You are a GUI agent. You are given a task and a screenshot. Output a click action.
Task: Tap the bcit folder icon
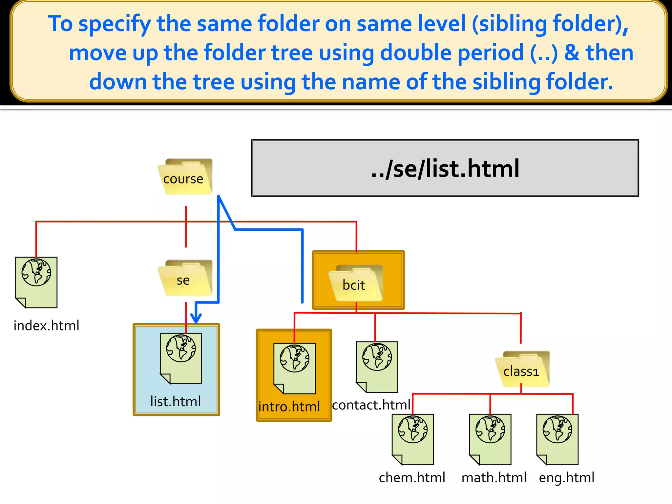356,283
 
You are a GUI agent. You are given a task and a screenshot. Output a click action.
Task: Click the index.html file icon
36,282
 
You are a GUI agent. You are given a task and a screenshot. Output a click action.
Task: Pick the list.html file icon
181,358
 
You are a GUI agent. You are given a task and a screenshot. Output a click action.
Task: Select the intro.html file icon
294,368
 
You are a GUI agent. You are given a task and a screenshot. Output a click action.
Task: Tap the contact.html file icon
377,367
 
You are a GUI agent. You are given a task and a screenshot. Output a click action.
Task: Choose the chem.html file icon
413,439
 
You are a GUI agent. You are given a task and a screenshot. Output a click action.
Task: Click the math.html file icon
490,439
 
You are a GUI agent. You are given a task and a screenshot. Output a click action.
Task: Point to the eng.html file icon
557,439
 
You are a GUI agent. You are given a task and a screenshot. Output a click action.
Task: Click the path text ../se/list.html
445,168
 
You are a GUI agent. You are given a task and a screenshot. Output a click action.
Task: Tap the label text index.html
46,325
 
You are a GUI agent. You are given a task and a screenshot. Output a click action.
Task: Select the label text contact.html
371,405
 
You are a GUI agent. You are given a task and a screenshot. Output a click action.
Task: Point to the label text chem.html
412,478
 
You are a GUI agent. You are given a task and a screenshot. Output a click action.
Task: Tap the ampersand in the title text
572,53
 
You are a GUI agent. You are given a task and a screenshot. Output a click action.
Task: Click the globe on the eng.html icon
557,430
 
